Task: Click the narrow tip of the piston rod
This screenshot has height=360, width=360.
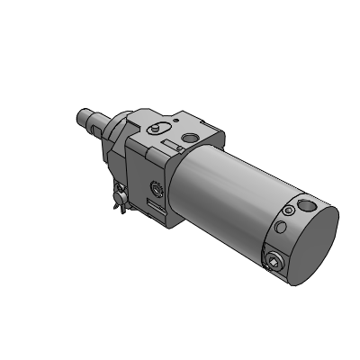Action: coord(78,115)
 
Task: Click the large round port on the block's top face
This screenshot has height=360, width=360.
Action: coord(191,138)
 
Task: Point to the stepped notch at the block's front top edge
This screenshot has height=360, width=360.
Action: coord(135,121)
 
